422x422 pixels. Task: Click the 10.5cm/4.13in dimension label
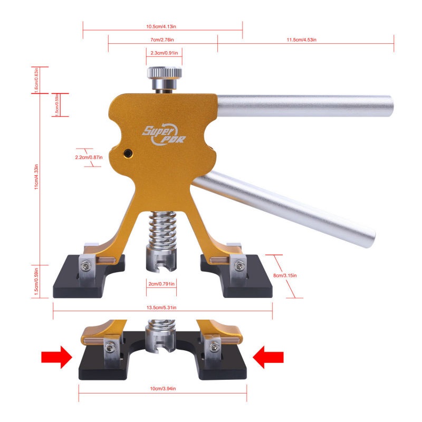pyautogui.click(x=162, y=26)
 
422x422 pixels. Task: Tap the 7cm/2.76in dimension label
pyautogui.click(x=162, y=40)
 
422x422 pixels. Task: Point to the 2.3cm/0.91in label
pyautogui.click(x=164, y=53)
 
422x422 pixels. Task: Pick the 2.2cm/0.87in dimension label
pyautogui.click(x=88, y=157)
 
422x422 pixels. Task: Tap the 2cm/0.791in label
pyautogui.click(x=161, y=284)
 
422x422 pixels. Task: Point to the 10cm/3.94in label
pyautogui.click(x=163, y=389)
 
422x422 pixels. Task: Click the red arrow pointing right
pyautogui.click(x=56, y=358)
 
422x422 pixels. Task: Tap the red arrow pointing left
pyautogui.click(x=269, y=358)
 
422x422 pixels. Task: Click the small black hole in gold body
pyautogui.click(x=128, y=152)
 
